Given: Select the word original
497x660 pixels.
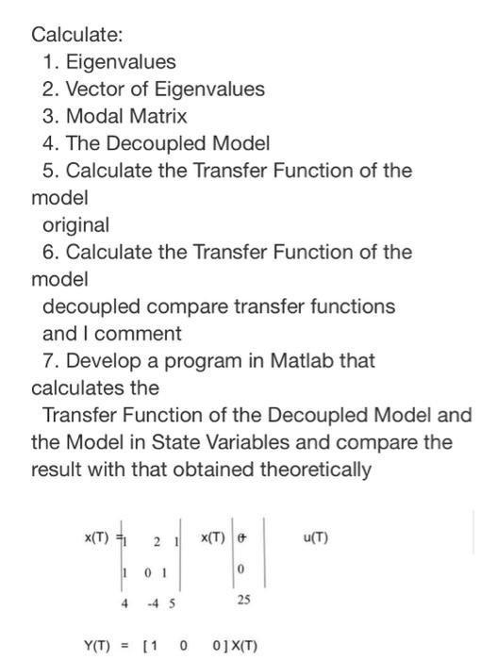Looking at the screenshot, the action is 76,225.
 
